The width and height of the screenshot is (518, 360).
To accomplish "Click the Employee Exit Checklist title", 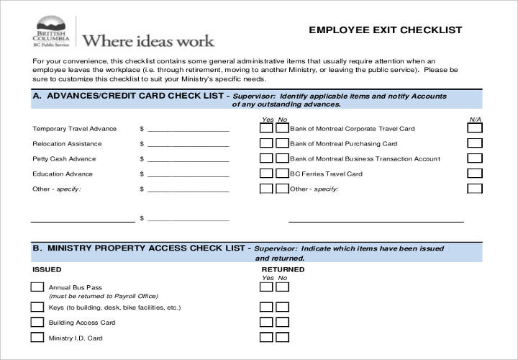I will click(385, 30).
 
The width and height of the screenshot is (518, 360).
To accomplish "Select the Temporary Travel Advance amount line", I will click(188, 130).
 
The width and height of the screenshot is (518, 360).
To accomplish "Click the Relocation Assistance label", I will click(62, 144).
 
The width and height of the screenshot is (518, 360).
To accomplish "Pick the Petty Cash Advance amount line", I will click(188, 160).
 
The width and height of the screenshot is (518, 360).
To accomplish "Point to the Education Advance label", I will click(63, 174).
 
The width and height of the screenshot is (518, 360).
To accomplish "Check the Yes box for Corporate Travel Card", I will click(266, 128).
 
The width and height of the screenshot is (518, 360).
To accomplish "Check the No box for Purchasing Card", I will click(282, 143).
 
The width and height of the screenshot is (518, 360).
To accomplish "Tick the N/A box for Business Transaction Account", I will click(475, 158).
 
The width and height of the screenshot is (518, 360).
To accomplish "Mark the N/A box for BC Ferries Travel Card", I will click(475, 174).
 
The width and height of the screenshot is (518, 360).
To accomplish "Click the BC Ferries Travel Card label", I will click(326, 174).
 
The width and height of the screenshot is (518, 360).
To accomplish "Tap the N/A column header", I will click(475, 119).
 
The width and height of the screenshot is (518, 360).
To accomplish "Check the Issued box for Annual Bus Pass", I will click(37, 287).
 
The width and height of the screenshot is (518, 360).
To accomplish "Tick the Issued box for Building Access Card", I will click(37, 322).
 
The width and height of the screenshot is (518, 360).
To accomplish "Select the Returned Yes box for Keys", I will click(266, 306).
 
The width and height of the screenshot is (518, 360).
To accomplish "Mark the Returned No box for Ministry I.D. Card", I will click(282, 337).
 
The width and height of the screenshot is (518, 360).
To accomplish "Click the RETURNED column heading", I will click(283, 269).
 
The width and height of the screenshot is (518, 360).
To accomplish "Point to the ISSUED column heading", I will click(47, 269).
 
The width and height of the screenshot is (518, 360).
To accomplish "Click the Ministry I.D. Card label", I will click(76, 338).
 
